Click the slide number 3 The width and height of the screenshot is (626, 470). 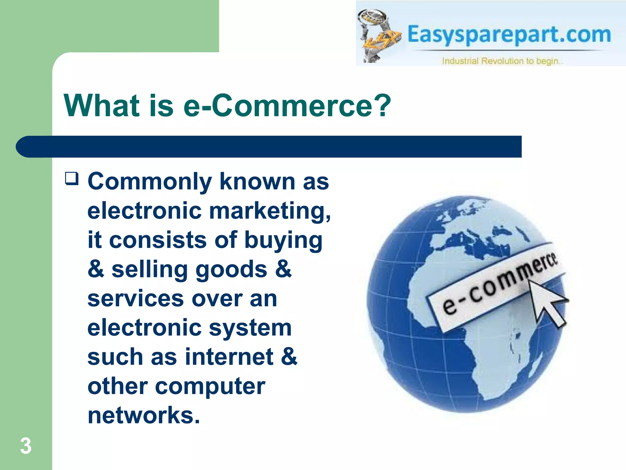coord(26,446)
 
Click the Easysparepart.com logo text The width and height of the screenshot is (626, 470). coord(509,35)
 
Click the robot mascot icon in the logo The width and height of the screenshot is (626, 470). coord(377,35)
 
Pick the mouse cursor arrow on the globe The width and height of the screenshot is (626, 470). coord(547,303)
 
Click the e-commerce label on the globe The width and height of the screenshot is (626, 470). coord(498,285)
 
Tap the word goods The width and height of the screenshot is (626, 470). coord(231,270)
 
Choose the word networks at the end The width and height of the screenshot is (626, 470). coord(144,416)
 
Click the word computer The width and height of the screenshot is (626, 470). coord(210,386)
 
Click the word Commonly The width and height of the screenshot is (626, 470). coord(150,182)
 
